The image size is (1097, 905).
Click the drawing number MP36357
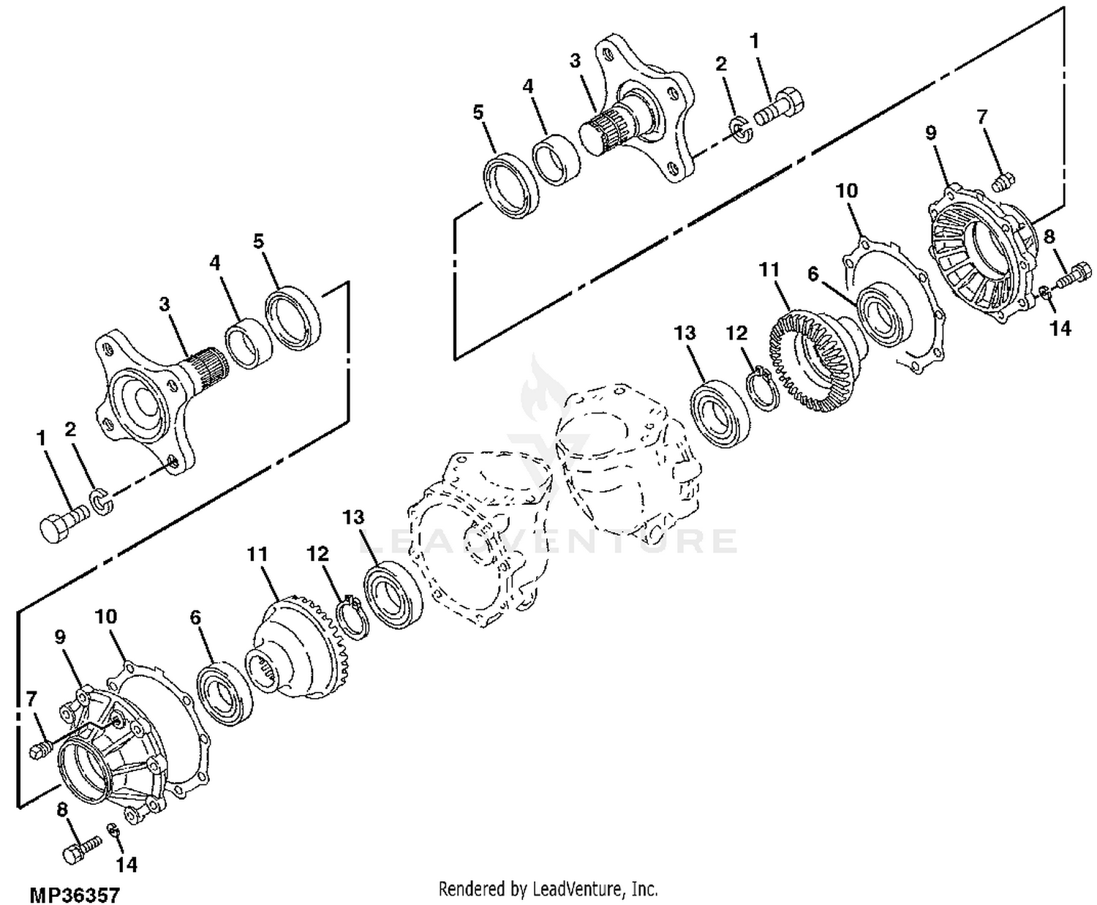coord(75,895)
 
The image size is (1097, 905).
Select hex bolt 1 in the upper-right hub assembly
coord(779,109)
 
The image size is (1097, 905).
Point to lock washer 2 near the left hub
coord(104,501)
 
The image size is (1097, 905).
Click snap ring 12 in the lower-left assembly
coord(351,617)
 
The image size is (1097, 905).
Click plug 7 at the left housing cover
coord(41,748)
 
